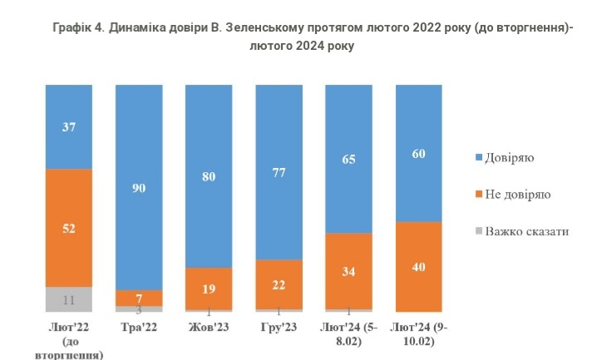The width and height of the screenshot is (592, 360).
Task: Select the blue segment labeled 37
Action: click(x=69, y=126)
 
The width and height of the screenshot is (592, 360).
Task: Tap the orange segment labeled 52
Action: click(x=69, y=228)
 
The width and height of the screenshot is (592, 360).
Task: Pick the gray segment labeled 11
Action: click(x=69, y=298)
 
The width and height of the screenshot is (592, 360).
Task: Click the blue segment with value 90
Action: click(x=139, y=187)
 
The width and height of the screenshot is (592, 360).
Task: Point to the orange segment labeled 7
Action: click(x=139, y=297)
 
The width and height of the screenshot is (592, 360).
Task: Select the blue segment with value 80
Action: click(x=209, y=176)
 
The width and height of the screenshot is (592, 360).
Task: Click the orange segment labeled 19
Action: click(x=209, y=288)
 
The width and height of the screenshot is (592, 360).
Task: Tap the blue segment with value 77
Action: click(x=279, y=172)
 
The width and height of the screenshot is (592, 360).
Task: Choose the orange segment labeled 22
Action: click(x=279, y=284)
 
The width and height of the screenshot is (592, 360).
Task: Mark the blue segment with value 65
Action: click(x=348, y=158)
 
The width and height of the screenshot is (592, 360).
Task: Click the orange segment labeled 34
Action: click(x=348, y=271)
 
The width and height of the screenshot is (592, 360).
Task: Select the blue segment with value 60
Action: click(x=418, y=153)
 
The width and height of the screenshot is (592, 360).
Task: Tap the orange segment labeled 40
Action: click(x=418, y=266)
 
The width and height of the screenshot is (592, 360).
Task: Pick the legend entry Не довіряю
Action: click(x=517, y=194)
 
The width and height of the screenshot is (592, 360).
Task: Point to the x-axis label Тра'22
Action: click(x=139, y=328)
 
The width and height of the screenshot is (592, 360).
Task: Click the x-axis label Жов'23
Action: click(x=209, y=328)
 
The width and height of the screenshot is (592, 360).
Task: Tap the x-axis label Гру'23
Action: click(x=279, y=328)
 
